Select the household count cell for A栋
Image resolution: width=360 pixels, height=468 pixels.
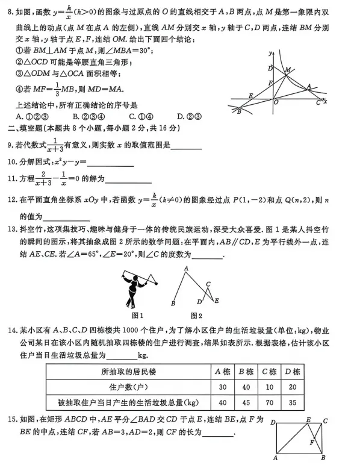pos(222,387)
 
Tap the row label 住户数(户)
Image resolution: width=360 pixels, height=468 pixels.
pos(127,387)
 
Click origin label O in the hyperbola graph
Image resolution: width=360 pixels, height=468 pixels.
pos(276,103)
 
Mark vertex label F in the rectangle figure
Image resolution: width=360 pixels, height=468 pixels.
pos(311,443)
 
